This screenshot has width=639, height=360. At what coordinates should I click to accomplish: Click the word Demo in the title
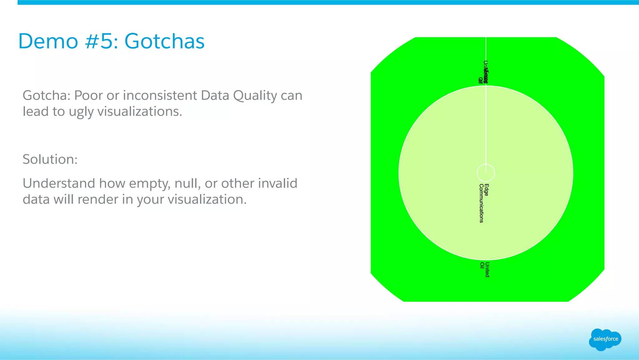tap(48, 41)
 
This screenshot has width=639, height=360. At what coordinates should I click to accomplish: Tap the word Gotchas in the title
tap(164, 41)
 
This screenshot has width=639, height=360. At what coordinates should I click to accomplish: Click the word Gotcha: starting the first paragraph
tap(46, 96)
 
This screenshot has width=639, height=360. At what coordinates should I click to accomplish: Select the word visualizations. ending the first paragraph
tap(139, 111)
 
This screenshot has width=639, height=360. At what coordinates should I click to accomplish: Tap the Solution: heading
tap(50, 160)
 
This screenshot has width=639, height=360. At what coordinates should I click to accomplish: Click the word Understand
tap(59, 184)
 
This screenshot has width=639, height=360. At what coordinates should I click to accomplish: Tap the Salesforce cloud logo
tap(605, 339)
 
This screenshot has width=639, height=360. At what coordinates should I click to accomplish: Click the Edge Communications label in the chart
tap(483, 203)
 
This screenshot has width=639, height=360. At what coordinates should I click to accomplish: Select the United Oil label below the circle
tap(485, 269)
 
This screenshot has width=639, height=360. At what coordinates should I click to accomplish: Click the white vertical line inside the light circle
tap(486, 125)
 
